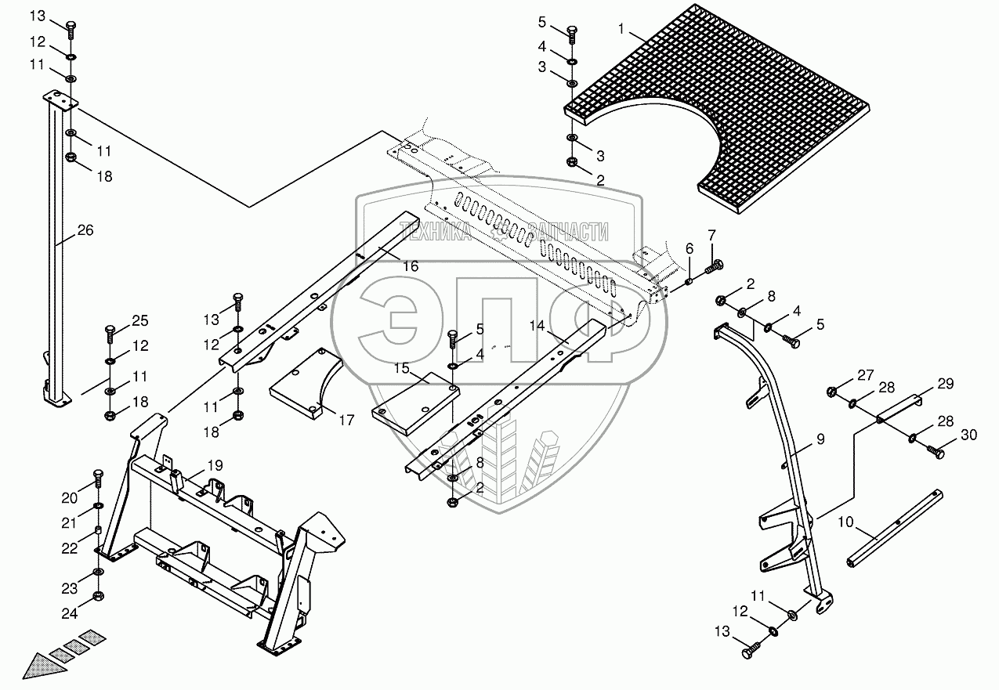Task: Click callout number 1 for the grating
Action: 621,29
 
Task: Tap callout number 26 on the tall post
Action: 85,230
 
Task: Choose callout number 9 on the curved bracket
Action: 820,439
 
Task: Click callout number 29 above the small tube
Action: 946,385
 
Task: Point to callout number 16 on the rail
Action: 411,266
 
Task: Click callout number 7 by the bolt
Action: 711,234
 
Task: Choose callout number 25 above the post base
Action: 139,320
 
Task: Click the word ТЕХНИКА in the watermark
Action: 436,230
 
